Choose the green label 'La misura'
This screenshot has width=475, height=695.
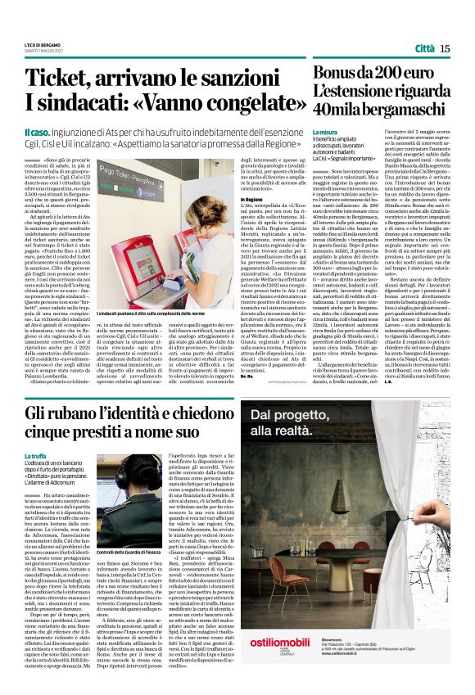click(x=324, y=131)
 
